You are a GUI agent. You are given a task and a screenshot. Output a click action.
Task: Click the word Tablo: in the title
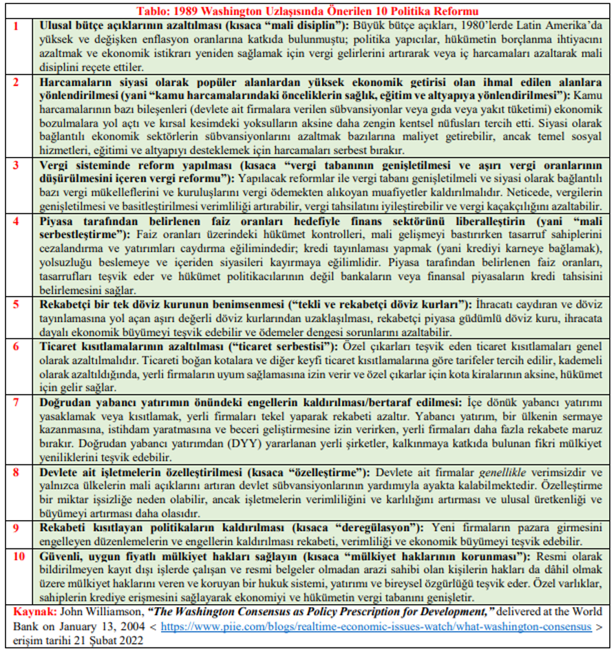click(154, 12)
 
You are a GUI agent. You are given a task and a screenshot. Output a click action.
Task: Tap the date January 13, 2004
click(111, 626)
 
